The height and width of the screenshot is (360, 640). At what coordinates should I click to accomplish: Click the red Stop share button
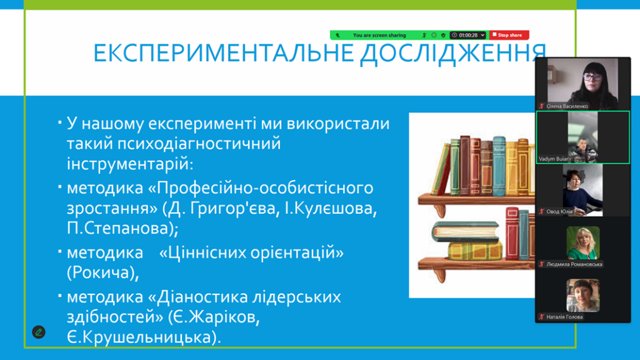[x=509, y=35]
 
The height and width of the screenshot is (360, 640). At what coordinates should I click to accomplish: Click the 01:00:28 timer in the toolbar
[x=467, y=35]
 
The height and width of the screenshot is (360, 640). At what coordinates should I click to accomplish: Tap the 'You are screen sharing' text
[x=379, y=35]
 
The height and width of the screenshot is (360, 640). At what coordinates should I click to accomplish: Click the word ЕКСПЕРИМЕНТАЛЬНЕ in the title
[x=223, y=52]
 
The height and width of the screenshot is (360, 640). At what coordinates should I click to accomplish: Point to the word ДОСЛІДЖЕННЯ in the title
[x=453, y=54]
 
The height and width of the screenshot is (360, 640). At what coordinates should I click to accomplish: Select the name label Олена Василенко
[x=567, y=106]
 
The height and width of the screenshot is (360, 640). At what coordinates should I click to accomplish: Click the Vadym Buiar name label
[x=553, y=159]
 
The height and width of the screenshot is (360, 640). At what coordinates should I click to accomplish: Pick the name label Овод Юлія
[x=559, y=211]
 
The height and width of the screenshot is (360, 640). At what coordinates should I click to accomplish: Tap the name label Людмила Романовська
[x=574, y=264]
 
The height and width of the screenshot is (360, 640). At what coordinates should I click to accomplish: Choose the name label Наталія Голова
[x=564, y=317]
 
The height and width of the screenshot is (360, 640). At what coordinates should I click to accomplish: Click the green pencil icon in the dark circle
[x=39, y=332]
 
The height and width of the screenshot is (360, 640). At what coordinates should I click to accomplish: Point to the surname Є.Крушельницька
[x=144, y=337]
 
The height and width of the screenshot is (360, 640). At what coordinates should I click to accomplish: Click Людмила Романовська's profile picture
[x=583, y=243]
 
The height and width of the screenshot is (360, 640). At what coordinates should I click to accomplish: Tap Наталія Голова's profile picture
[x=583, y=295]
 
